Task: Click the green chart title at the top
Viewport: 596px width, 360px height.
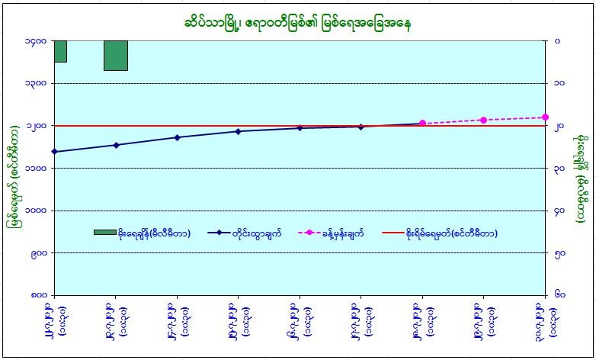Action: [x=297, y=19]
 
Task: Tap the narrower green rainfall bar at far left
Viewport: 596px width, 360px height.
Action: [x=60, y=50]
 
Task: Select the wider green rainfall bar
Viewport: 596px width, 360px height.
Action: [x=116, y=55]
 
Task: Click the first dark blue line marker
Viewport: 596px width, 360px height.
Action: [x=55, y=152]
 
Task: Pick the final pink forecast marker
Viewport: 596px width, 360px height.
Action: [x=545, y=117]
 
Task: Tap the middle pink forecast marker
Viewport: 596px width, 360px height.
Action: [x=483, y=120]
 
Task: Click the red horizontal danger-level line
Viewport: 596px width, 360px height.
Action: [x=229, y=126]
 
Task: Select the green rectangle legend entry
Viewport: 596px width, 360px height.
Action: [x=104, y=232]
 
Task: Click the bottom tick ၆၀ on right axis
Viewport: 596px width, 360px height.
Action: [x=560, y=294]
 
